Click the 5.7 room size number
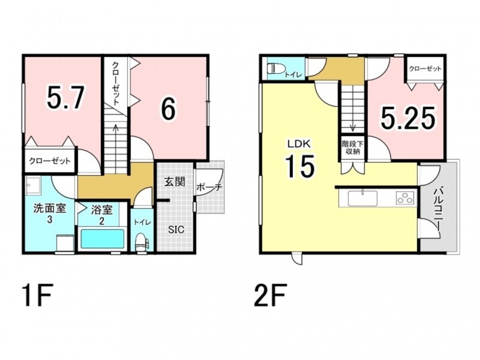pyautogui.click(x=65, y=97)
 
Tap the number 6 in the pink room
pyautogui.click(x=169, y=110)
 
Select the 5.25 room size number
pyautogui.click(x=408, y=118)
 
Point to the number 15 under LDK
pyautogui.click(x=300, y=166)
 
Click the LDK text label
pyautogui.click(x=299, y=143)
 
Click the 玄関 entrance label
pyautogui.click(x=175, y=182)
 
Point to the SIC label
pyautogui.click(x=176, y=229)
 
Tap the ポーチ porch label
pyautogui.click(x=209, y=187)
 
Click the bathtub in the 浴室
pyautogui.click(x=102, y=239)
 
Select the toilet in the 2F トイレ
pyautogui.click(x=275, y=68)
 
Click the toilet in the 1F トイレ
pyautogui.click(x=142, y=242)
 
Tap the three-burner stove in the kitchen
pyautogui.click(x=406, y=198)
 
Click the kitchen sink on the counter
pyautogui.click(x=363, y=198)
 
